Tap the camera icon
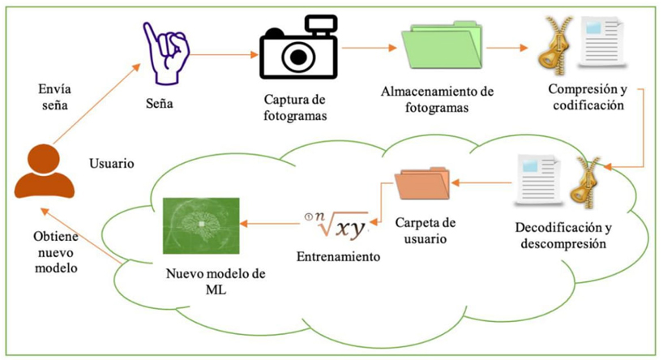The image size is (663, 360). click(x=298, y=51)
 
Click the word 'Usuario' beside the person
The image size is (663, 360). click(x=111, y=162)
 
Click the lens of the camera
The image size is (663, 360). click(x=299, y=55)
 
